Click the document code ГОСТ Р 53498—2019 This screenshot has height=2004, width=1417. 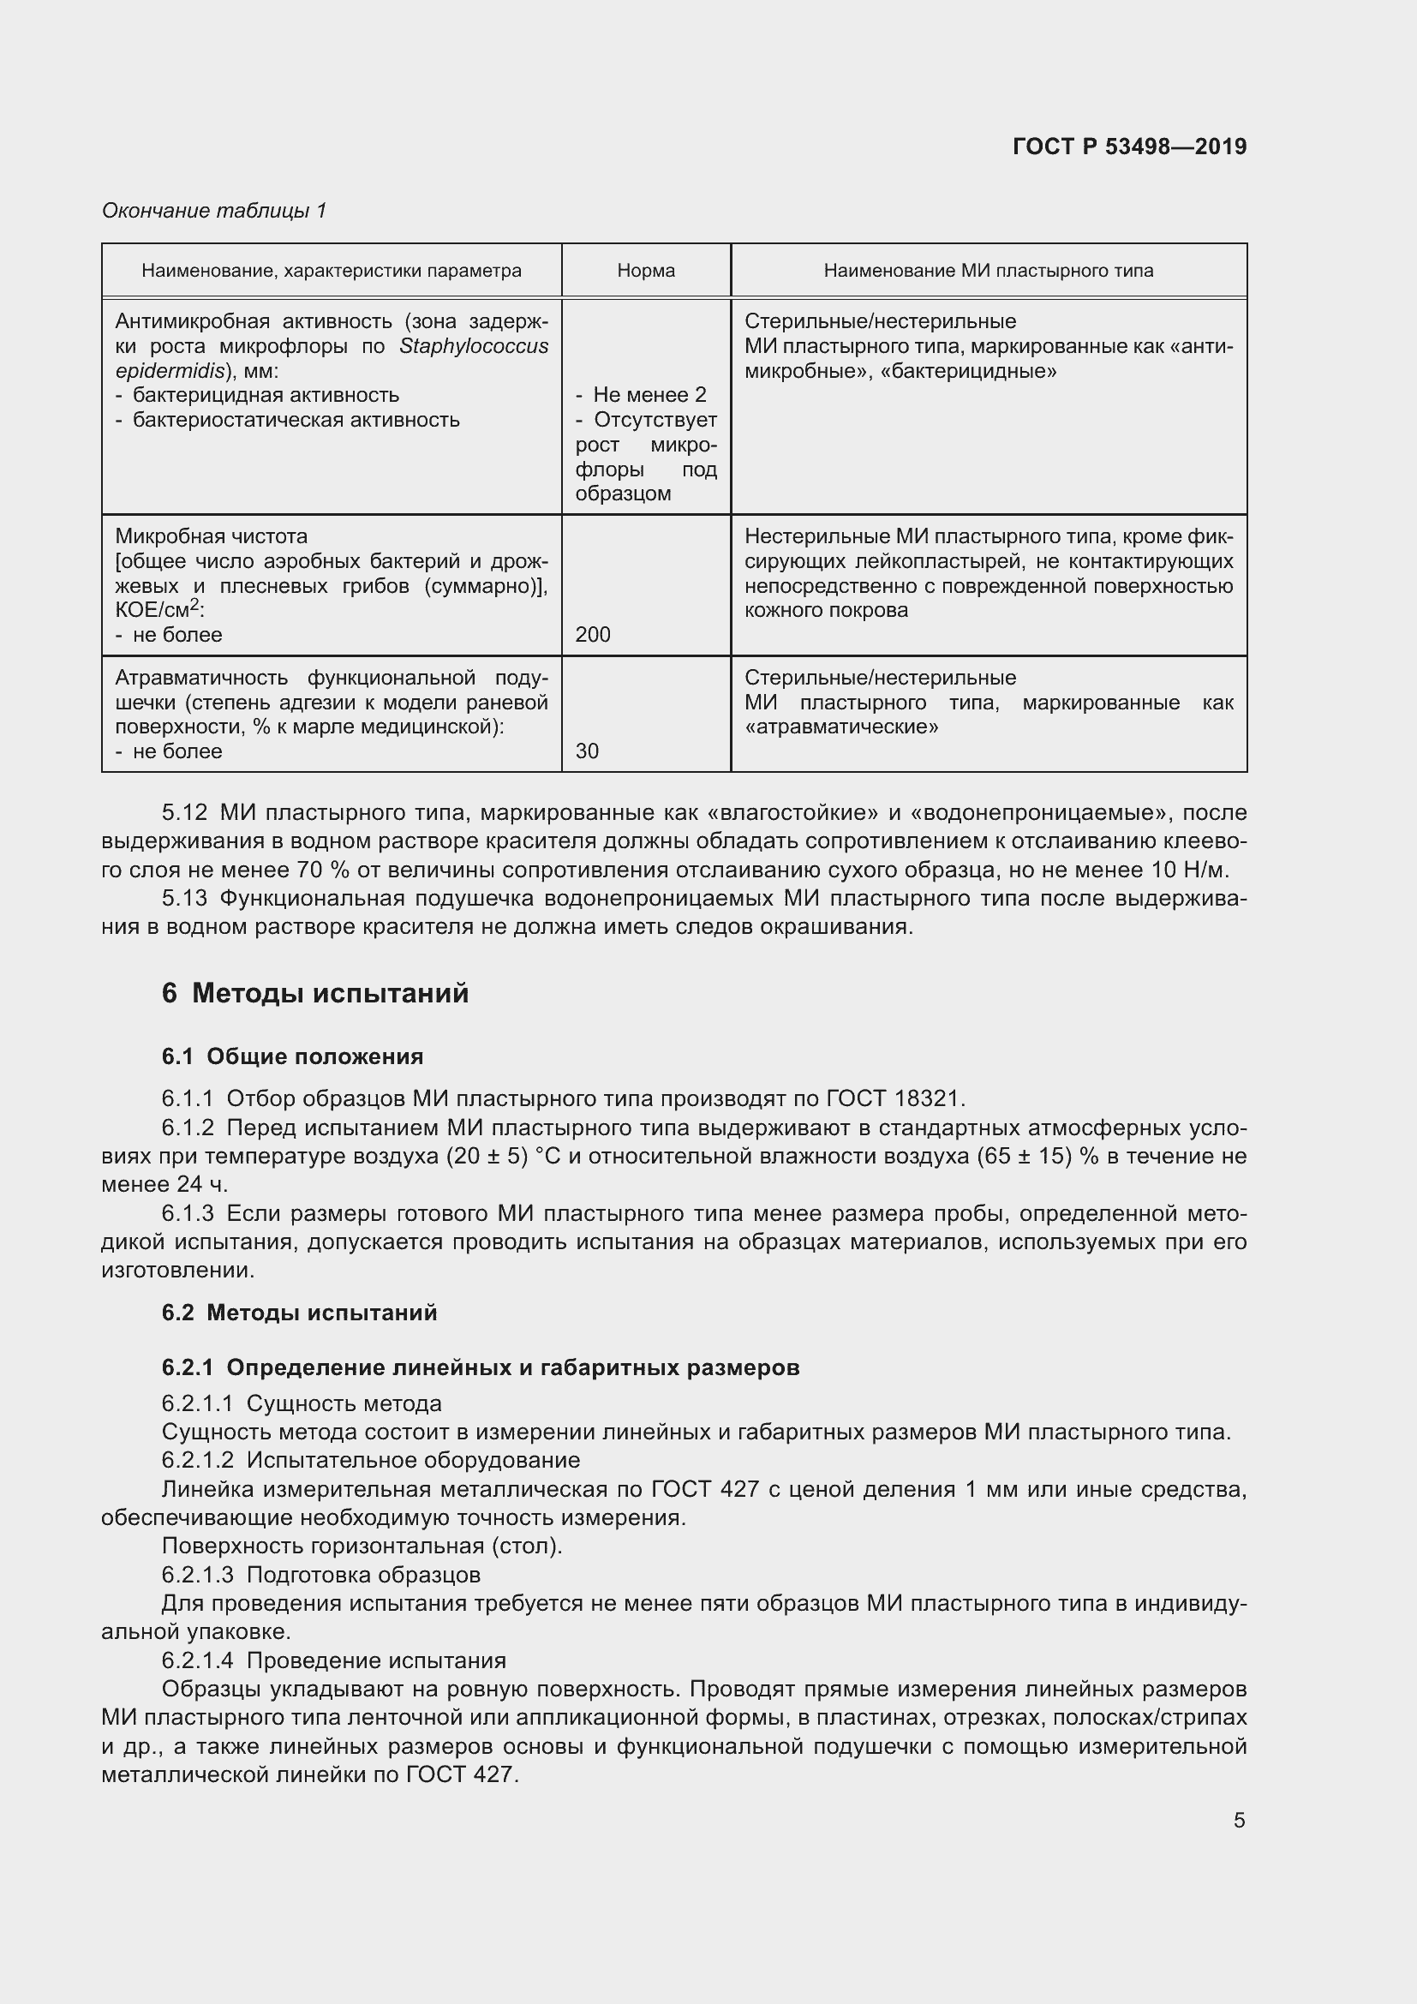[x=1129, y=147]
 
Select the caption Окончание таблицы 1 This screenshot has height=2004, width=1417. [x=214, y=211]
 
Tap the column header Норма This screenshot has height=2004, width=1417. [x=646, y=271]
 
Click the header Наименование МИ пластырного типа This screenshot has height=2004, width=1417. [x=988, y=271]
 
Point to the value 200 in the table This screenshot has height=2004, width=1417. [x=593, y=635]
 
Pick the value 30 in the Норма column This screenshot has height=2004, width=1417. [x=587, y=751]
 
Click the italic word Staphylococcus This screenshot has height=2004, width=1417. [x=474, y=346]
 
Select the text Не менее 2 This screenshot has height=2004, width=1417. [x=649, y=394]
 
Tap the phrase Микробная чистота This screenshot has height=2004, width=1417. [x=211, y=535]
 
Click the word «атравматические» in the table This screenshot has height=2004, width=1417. [x=841, y=727]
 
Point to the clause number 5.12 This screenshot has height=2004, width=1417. [x=185, y=812]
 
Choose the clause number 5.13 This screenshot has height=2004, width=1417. [x=185, y=898]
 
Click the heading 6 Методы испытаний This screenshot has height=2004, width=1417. [x=315, y=993]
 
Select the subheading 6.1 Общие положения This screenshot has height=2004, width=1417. [x=292, y=1056]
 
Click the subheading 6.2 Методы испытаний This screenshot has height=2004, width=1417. [x=299, y=1313]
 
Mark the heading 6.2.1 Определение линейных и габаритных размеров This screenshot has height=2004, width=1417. [x=480, y=1367]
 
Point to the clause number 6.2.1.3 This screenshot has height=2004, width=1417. [x=197, y=1575]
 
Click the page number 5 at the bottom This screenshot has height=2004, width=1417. [x=1239, y=1821]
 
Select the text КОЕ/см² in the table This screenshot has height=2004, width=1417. [x=157, y=610]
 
